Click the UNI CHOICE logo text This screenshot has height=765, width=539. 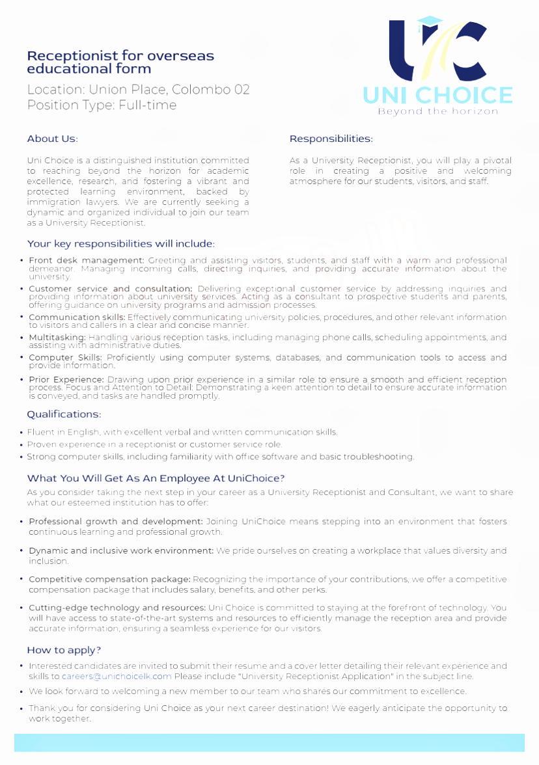pyautogui.click(x=437, y=95)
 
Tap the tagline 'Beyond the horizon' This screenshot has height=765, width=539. pyautogui.click(x=437, y=111)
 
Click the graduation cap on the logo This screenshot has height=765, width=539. pyautogui.click(x=430, y=23)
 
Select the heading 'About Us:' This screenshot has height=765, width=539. pyautogui.click(x=52, y=139)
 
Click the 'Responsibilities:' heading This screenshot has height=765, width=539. pyautogui.click(x=331, y=139)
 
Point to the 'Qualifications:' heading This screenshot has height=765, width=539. pyautogui.click(x=64, y=414)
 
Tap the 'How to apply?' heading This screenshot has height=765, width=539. pyautogui.click(x=64, y=650)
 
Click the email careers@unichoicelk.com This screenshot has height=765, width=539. pyautogui.click(x=117, y=676)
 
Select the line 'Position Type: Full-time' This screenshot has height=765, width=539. pyautogui.click(x=102, y=105)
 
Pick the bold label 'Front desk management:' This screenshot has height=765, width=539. pyautogui.click(x=87, y=260)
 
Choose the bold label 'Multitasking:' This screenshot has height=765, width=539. pyautogui.click(x=57, y=338)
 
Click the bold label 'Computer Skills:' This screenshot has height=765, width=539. pyautogui.click(x=65, y=358)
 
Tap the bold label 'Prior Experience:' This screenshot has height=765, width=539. pyautogui.click(x=66, y=379)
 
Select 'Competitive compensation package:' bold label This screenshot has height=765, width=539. pyautogui.click(x=109, y=579)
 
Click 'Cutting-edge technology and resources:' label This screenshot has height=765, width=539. pyautogui.click(x=117, y=608)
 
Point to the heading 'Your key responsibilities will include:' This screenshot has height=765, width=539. pyautogui.click(x=121, y=244)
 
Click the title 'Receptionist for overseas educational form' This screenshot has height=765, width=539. pyautogui.click(x=120, y=62)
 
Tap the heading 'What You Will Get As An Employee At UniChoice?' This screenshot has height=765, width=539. pyautogui.click(x=156, y=478)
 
